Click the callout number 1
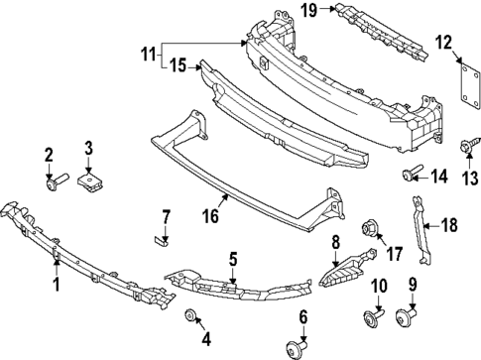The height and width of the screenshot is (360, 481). tap(56, 285)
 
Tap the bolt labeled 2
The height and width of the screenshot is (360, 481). tap(56, 182)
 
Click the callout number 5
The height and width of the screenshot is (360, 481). tap(233, 260)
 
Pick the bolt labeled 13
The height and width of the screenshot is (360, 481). tap(465, 147)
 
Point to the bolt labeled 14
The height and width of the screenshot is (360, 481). tap(409, 177)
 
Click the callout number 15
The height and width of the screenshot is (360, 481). tap(178, 66)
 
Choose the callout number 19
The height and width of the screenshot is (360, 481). tap(309, 11)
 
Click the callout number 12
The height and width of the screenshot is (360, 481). tap(442, 42)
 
